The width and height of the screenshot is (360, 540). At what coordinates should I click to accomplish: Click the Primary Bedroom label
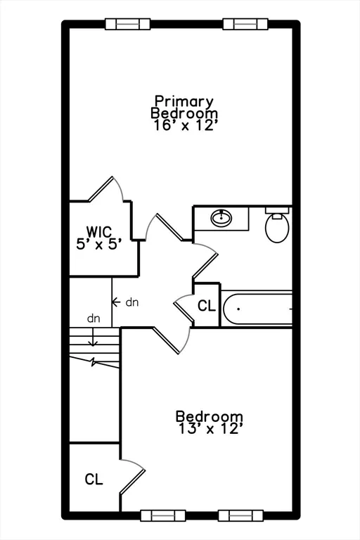tap(184, 107)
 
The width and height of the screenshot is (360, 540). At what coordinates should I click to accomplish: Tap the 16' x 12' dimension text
tap(186, 125)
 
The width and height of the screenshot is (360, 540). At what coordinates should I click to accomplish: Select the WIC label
tap(99, 231)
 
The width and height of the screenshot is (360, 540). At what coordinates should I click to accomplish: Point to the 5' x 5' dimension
tap(99, 244)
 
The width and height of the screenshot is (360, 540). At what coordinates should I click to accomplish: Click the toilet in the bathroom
tap(277, 225)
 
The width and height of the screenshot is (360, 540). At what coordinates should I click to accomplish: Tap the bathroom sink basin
tap(221, 218)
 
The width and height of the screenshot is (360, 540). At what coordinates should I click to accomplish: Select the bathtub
tap(257, 309)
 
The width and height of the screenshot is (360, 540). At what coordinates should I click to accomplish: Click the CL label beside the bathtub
tap(207, 305)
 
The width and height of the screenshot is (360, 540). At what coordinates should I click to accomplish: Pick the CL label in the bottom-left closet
tap(94, 479)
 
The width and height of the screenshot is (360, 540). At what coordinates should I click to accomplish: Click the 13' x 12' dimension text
tap(211, 429)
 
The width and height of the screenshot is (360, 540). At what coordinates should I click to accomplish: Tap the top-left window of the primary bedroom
tap(127, 24)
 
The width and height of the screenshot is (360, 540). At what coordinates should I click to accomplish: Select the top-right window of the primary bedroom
tap(245, 24)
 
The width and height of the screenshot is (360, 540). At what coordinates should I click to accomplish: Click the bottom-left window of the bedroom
tap(163, 515)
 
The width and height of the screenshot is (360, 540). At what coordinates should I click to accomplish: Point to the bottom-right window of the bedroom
tap(240, 515)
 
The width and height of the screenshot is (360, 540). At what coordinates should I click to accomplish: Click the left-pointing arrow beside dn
tap(116, 302)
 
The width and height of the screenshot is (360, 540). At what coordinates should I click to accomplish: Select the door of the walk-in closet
tap(101, 188)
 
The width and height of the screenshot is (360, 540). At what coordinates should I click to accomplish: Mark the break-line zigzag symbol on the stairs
tap(93, 362)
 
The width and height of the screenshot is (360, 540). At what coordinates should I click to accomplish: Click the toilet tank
tap(277, 210)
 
